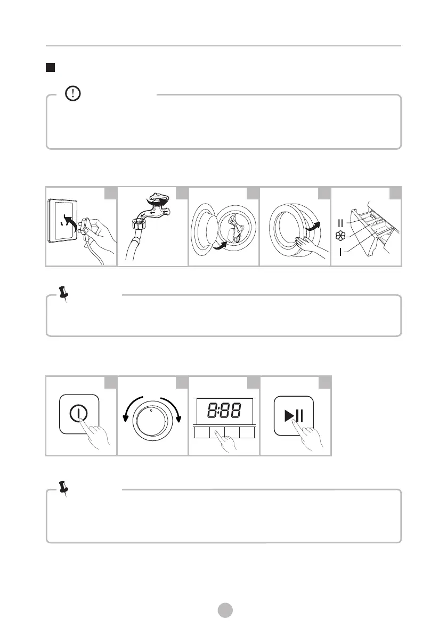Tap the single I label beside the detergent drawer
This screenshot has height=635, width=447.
341,251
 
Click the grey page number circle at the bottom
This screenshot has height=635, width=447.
225,610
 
